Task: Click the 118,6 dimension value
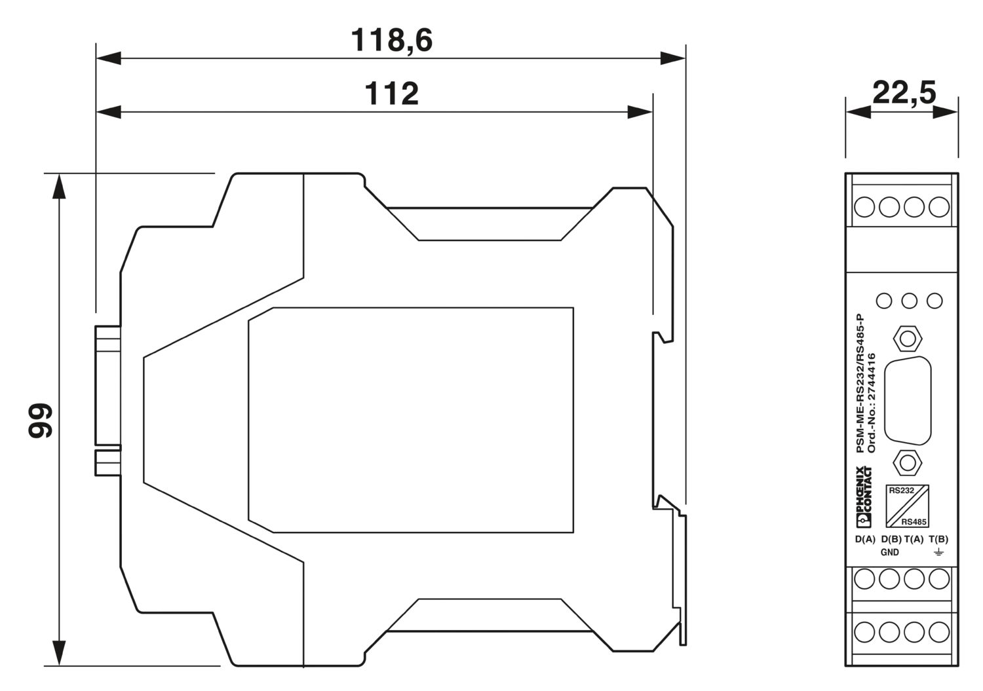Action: pos(391,41)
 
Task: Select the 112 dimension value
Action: pos(391,94)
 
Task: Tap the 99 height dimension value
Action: pos(41,420)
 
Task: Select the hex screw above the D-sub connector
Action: pos(908,339)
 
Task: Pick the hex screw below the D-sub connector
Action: pos(908,462)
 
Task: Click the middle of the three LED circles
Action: pos(909,301)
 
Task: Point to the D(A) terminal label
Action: pos(865,540)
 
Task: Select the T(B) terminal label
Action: pos(938,540)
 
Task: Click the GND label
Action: pos(889,552)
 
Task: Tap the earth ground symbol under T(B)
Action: pos(938,553)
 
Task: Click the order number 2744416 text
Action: pos(872,403)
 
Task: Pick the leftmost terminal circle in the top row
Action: pos(864,207)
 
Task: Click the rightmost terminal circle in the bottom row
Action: pos(939,632)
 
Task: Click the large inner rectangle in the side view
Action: pos(411,419)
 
